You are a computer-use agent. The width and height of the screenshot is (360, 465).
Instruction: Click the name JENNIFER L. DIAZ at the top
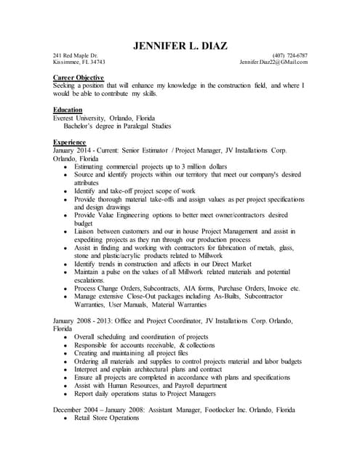coord(180,46)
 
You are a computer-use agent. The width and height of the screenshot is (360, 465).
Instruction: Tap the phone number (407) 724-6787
coord(289,55)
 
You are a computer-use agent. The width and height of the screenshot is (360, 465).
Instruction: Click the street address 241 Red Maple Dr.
coord(75,55)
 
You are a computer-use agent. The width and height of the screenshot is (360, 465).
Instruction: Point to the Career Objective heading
coord(79,77)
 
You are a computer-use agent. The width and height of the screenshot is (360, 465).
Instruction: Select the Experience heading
coord(71,142)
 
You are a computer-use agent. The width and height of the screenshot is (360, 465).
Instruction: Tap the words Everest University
coord(79,117)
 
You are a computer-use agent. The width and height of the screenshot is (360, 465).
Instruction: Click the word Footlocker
coord(215,411)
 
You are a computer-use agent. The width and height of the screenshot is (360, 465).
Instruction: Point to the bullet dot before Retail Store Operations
coord(65,419)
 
